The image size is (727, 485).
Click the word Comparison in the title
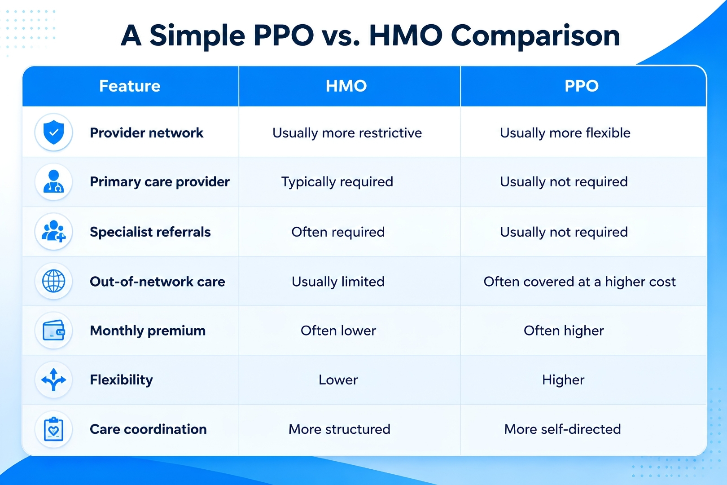[535, 36]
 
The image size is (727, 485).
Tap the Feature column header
[130, 86]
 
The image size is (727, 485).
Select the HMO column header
[346, 86]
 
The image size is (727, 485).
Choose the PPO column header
[582, 86]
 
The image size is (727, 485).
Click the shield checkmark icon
[53, 132]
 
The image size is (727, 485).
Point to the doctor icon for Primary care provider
[53, 181]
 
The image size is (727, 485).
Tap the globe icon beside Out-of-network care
[53, 281]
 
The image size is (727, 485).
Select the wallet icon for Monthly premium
[53, 331]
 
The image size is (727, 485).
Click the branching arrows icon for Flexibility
[53, 379]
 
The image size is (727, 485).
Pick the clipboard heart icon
[53, 429]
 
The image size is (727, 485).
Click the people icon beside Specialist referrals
[53, 231]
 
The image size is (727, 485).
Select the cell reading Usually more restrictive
[347, 133]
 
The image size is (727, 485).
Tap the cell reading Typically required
[337, 182]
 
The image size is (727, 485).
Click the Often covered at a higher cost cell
[580, 282]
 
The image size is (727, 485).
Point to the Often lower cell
[338, 331]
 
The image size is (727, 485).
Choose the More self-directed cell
[562, 429]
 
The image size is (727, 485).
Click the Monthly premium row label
[148, 331]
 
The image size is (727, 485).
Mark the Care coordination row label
[149, 429]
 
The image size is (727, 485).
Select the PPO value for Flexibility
[563, 380]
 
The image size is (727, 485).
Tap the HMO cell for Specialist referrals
[338, 232]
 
